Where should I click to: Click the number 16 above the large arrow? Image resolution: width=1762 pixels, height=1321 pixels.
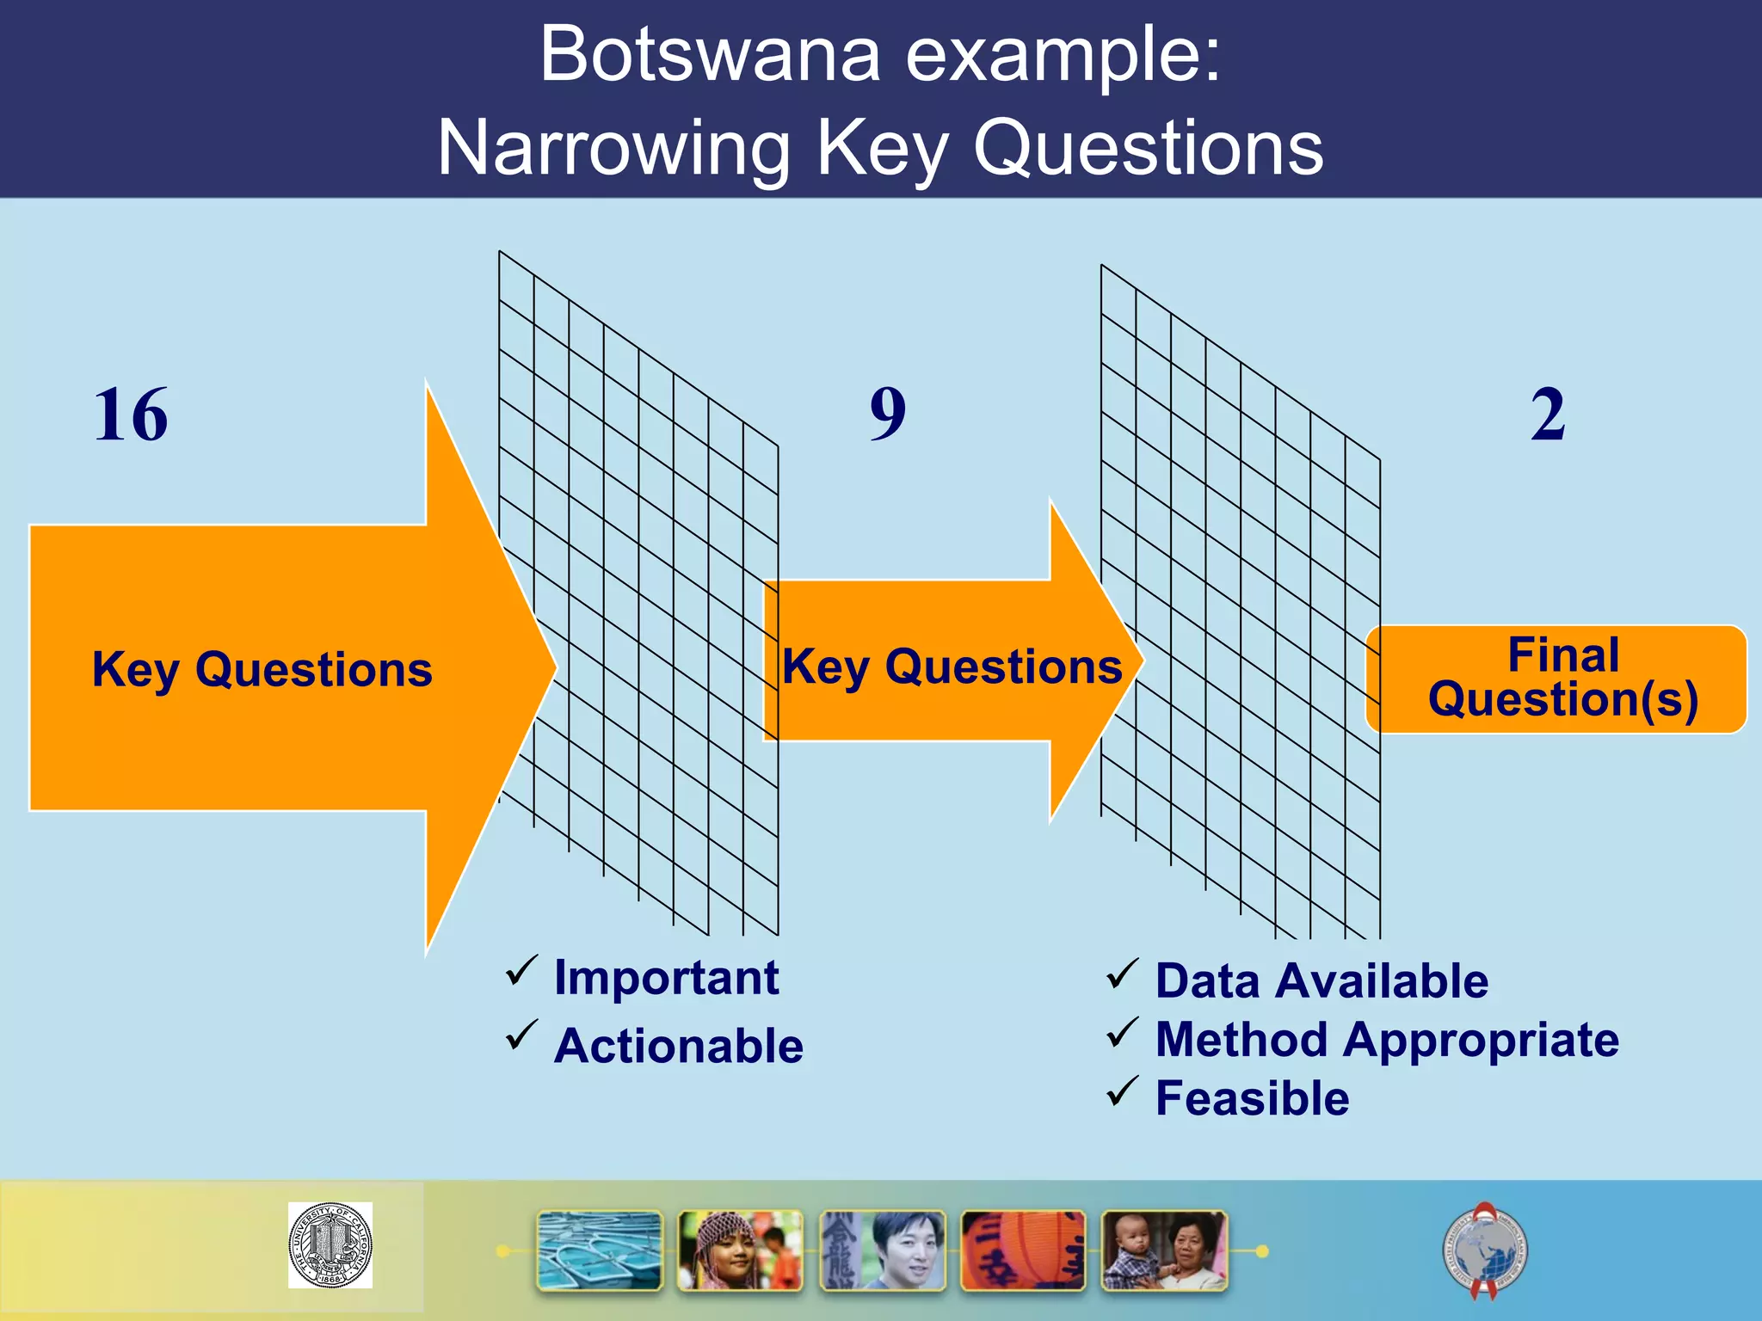pyautogui.click(x=131, y=415)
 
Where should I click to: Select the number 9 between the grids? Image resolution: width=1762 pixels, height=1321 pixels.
pyautogui.click(x=888, y=415)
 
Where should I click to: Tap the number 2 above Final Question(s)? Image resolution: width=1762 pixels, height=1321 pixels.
pyautogui.click(x=1548, y=415)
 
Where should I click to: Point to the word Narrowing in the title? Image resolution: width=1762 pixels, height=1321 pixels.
pyautogui.click(x=613, y=149)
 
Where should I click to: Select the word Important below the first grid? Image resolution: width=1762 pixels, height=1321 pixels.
pyautogui.click(x=667, y=978)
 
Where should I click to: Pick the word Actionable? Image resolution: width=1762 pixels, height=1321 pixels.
pyautogui.click(x=679, y=1047)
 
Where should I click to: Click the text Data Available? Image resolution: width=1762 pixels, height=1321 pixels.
pyautogui.click(x=1321, y=981)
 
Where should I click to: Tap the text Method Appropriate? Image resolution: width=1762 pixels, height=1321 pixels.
pyautogui.click(x=1387, y=1040)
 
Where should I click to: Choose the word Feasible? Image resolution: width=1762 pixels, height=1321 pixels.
pyautogui.click(x=1252, y=1099)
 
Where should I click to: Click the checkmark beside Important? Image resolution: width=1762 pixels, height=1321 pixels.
pyautogui.click(x=521, y=971)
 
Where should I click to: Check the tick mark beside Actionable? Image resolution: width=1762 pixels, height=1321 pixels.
pyautogui.click(x=521, y=1035)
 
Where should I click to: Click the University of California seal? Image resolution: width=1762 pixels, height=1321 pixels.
pyautogui.click(x=330, y=1244)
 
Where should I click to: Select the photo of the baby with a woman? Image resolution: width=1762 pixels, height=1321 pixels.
pyautogui.click(x=1164, y=1251)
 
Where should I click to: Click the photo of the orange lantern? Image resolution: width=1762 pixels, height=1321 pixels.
pyautogui.click(x=1022, y=1251)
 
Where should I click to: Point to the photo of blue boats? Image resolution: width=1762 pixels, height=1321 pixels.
pyautogui.click(x=600, y=1251)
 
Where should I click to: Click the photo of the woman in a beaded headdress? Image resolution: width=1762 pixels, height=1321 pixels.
pyautogui.click(x=740, y=1251)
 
